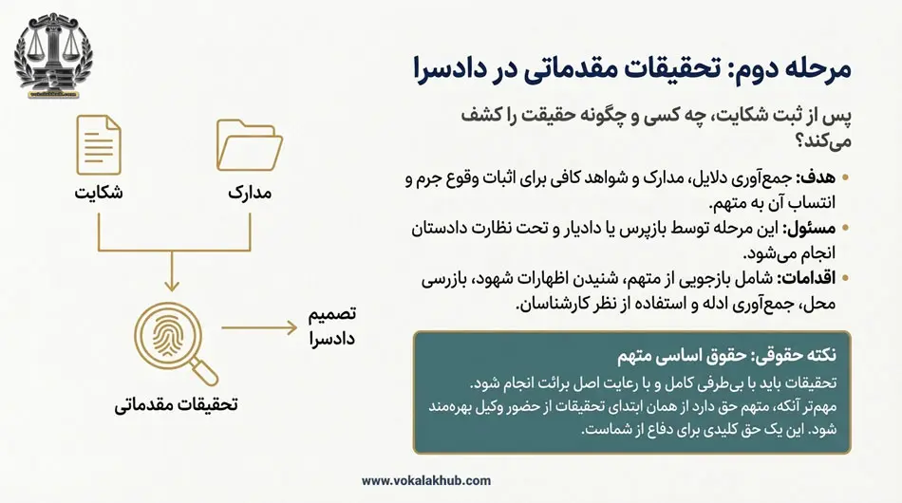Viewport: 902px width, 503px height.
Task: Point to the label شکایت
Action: [99, 194]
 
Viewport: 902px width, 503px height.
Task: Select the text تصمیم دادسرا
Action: [331, 326]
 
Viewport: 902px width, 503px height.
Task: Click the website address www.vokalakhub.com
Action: [426, 481]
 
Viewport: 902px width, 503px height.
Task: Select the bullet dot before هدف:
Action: [846, 178]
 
